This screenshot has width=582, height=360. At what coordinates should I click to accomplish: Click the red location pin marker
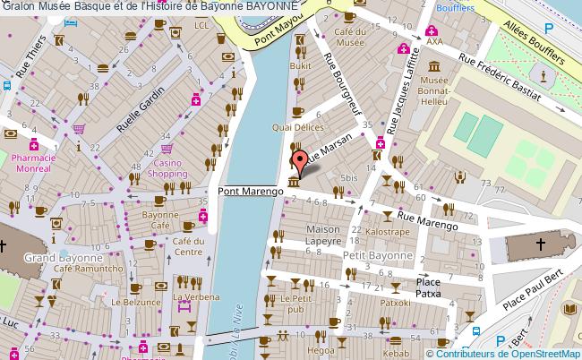[302, 162]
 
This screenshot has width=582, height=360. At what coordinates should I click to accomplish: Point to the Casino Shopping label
[167, 168]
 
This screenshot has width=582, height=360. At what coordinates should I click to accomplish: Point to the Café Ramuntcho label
[88, 268]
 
